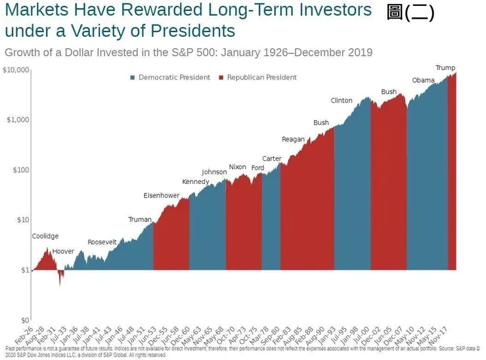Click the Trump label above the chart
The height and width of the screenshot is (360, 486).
[445, 68]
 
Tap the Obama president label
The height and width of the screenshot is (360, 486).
[423, 80]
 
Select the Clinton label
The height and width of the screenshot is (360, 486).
[342, 101]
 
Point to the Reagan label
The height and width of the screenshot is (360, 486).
[293, 139]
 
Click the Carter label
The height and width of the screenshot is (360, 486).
[272, 159]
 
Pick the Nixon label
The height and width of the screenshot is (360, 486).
[237, 167]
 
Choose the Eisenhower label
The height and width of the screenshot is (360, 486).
[162, 196]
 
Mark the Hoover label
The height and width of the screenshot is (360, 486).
[64, 252]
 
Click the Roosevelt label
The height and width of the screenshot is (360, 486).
[102, 242]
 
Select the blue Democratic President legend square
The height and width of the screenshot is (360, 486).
[133, 78]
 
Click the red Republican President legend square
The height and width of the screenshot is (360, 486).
[222, 78]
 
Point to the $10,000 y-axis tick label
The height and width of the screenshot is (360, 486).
[16, 70]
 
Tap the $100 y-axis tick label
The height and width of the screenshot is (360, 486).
[21, 170]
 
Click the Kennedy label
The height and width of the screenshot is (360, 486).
[196, 182]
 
